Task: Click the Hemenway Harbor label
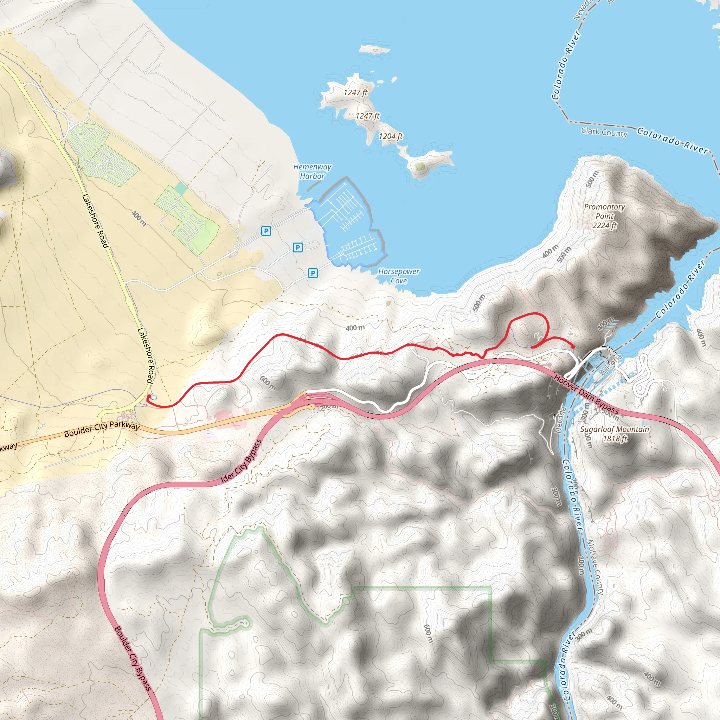click(312, 172)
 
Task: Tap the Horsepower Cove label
click(399, 276)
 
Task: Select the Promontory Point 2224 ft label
click(604, 216)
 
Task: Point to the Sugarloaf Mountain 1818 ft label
click(615, 434)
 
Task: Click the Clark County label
click(604, 132)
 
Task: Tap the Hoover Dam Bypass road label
click(586, 395)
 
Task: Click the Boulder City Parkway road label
click(102, 429)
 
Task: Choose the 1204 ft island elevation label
click(391, 136)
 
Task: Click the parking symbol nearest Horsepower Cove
click(313, 273)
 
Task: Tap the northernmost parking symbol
click(266, 231)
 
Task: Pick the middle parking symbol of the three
click(297, 247)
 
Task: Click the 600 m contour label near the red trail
click(268, 383)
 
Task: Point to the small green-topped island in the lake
click(420, 166)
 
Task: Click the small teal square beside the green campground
click(181, 188)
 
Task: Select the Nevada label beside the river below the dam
click(560, 420)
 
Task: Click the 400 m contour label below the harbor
click(355, 328)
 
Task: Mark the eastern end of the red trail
click(573, 347)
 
